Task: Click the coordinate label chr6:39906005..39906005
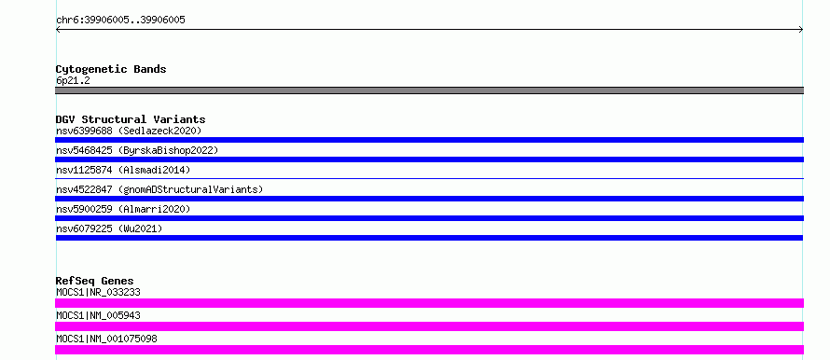120,21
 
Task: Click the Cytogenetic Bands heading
111,69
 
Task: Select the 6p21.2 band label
73,80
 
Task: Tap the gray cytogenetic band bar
429,90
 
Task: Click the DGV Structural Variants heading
131,119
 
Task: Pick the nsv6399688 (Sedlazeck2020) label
129,131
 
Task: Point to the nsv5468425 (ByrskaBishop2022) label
137,150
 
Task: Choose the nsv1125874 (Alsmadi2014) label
123,170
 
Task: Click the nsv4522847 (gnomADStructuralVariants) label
159,189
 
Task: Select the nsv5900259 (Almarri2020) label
123,209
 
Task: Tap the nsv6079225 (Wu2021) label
109,228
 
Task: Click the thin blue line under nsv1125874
429,179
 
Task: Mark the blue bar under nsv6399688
429,140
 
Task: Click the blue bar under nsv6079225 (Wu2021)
429,238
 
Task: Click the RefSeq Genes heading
95,281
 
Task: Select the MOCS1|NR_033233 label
98,292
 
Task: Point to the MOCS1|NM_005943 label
98,315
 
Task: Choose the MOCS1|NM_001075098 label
106,339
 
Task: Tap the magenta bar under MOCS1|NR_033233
429,303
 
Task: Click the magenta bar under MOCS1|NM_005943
429,326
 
